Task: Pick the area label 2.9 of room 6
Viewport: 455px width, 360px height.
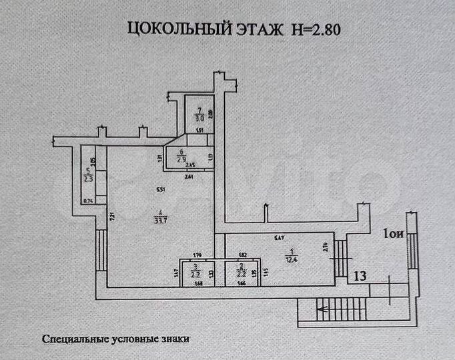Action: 181,159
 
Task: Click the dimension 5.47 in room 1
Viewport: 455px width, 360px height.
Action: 280,238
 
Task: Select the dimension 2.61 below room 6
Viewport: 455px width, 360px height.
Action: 189,177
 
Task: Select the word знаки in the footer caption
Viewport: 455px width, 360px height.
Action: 177,339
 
